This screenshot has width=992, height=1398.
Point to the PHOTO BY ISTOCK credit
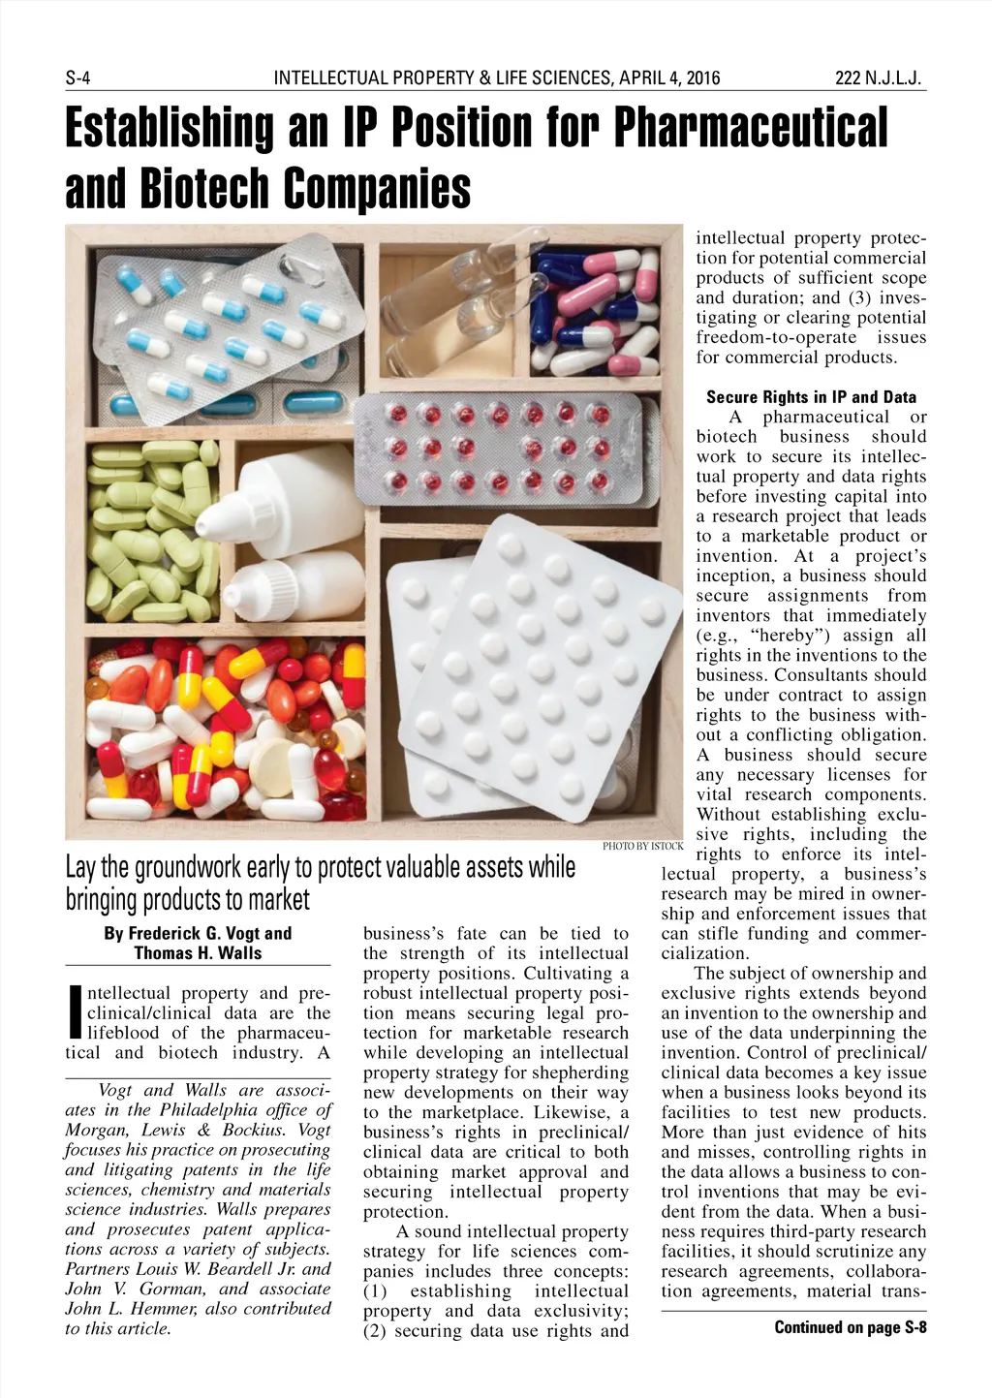click(642, 847)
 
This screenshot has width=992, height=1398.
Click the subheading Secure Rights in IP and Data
click(811, 397)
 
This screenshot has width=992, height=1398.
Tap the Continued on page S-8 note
click(850, 1327)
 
